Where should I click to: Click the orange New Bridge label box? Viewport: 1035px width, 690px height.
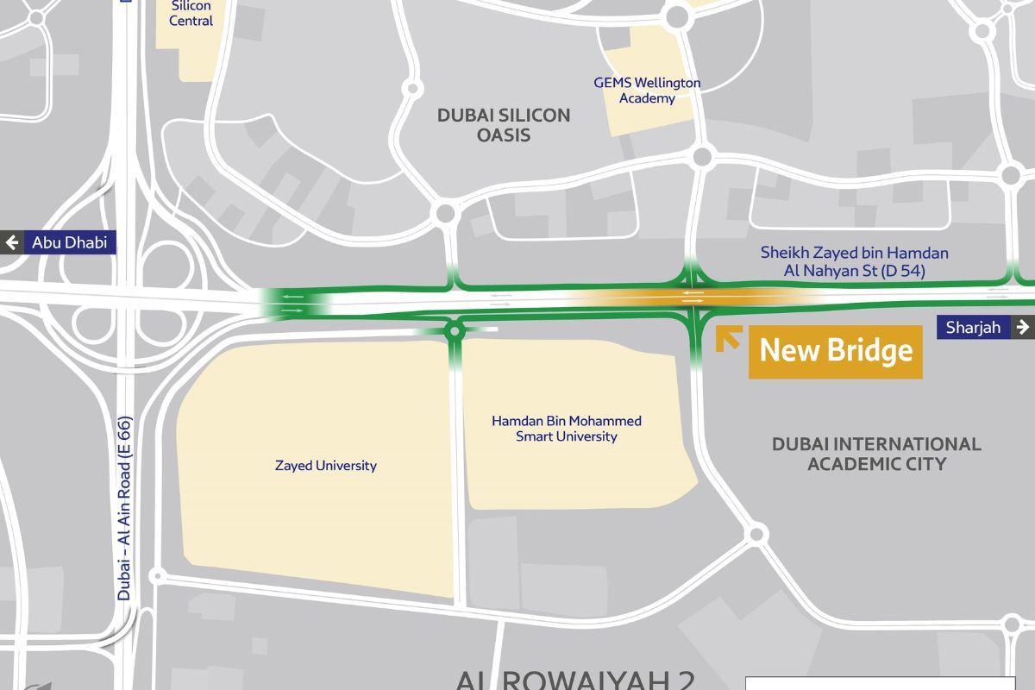(x=835, y=351)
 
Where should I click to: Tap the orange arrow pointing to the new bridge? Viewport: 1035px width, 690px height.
(x=728, y=339)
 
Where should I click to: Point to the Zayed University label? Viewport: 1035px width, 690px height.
(x=325, y=466)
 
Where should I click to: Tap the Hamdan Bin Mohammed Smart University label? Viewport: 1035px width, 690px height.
(x=567, y=429)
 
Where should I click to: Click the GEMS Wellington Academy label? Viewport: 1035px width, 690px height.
(x=646, y=91)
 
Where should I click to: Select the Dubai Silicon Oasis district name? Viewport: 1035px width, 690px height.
(x=504, y=125)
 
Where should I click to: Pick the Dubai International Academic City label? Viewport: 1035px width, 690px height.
(x=876, y=454)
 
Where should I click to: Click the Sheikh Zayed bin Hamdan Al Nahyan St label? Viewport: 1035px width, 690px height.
(x=854, y=260)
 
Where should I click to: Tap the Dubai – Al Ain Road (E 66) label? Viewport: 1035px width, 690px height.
(x=124, y=509)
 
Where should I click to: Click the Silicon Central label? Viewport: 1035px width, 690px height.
(x=191, y=13)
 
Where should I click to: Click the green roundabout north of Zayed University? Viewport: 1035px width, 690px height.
(x=455, y=330)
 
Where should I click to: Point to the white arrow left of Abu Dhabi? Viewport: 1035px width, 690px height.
(x=13, y=242)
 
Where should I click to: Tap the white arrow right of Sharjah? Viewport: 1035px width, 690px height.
(x=1023, y=327)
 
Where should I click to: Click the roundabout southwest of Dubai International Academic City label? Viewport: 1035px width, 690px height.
(x=756, y=534)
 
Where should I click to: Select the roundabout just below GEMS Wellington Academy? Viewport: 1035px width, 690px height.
(x=702, y=156)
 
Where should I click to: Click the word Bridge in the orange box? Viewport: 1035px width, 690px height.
(x=871, y=351)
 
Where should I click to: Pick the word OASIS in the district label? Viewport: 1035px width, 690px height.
(x=504, y=135)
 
